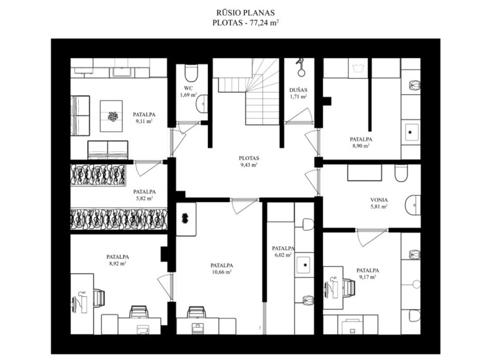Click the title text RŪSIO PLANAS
click(x=245, y=13)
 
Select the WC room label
click(x=188, y=88)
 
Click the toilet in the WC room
click(x=191, y=73)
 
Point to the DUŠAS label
click(x=298, y=90)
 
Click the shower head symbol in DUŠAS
click(x=301, y=68)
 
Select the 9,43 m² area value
click(x=249, y=165)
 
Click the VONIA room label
click(x=379, y=200)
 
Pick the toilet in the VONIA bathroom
click(x=401, y=172)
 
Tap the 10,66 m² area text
click(x=222, y=272)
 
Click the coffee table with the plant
click(x=111, y=116)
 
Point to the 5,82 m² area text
click(x=144, y=198)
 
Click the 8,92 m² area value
click(x=118, y=263)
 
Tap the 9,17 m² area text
click(x=368, y=277)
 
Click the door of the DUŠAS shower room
click(x=298, y=116)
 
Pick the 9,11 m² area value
click(x=144, y=121)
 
